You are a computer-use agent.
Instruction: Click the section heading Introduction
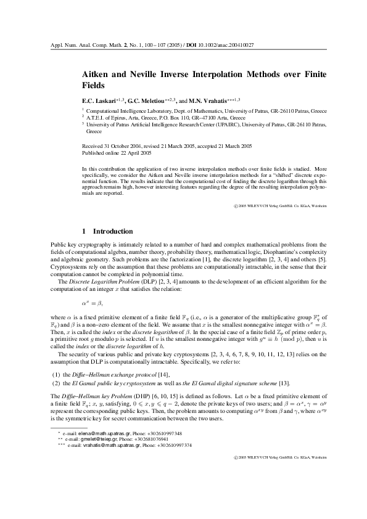[x=112, y=231]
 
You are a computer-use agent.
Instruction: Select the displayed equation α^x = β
[x=93, y=287]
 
